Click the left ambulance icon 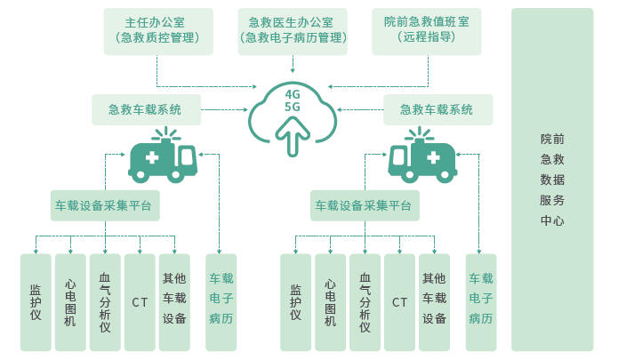[x=163, y=157]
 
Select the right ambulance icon [x=423, y=157]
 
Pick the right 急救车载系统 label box [x=437, y=110]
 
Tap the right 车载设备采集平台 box [x=364, y=205]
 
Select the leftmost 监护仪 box [x=36, y=302]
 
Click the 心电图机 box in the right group [x=331, y=302]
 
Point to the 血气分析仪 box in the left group [x=105, y=302]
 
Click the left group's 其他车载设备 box [x=174, y=302]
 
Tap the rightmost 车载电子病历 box [x=481, y=302]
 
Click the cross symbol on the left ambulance [x=152, y=158]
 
